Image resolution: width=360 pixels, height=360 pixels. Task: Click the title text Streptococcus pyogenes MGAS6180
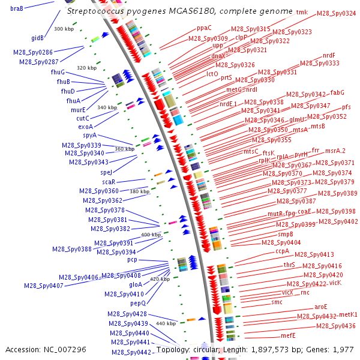(x=180, y=11)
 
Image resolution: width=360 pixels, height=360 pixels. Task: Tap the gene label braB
(x=17, y=8)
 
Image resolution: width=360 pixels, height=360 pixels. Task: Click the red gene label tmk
(x=302, y=12)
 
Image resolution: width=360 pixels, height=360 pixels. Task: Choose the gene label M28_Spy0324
(x=336, y=13)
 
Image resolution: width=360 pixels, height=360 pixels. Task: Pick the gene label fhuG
(x=58, y=72)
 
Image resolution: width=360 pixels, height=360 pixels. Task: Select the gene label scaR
(x=109, y=182)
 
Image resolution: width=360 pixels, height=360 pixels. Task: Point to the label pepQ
(x=139, y=303)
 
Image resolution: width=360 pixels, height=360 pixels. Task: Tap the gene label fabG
(x=338, y=92)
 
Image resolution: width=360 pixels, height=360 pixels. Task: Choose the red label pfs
(x=347, y=107)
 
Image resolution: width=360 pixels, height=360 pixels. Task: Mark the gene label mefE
(x=289, y=335)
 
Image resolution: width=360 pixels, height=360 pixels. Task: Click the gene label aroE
(x=321, y=307)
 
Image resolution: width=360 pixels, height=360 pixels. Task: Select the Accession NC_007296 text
(x=46, y=349)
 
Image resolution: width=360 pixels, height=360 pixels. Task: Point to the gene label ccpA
(x=283, y=251)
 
